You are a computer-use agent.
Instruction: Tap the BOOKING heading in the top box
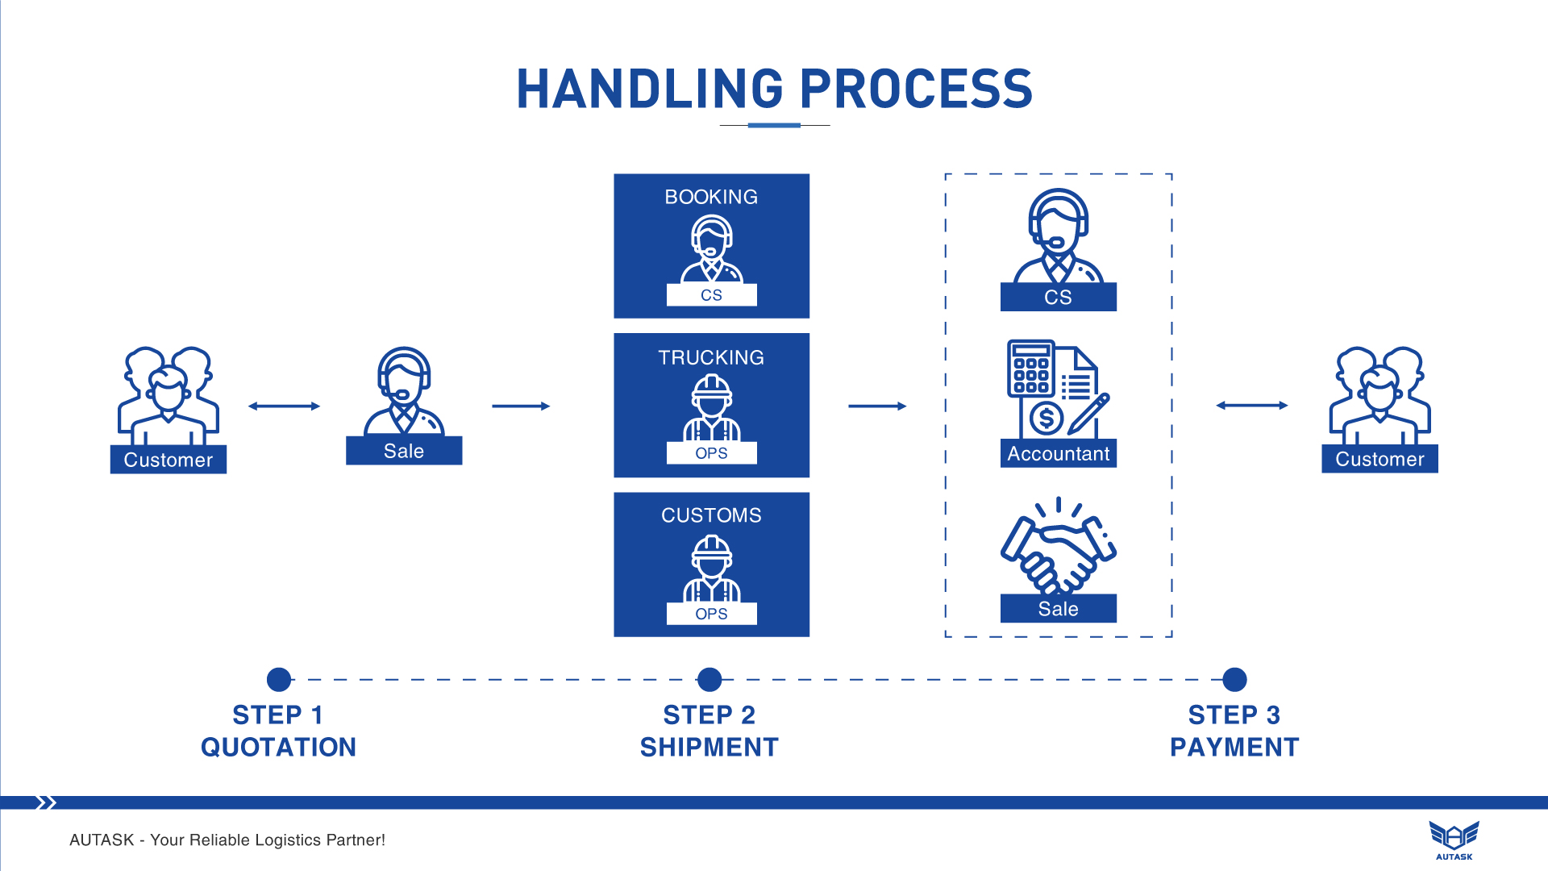[x=711, y=197]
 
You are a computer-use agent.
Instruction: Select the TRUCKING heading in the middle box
[x=711, y=357]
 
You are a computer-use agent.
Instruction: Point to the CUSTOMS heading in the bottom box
[x=711, y=515]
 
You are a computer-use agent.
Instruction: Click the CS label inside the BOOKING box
[x=711, y=295]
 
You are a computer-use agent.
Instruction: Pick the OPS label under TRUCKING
[x=711, y=453]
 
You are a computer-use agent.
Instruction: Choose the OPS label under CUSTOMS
[x=711, y=614]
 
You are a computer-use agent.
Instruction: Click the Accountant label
[x=1058, y=454]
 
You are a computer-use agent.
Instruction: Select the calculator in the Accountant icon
[x=1030, y=369]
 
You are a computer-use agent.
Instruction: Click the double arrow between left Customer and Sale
[x=284, y=406]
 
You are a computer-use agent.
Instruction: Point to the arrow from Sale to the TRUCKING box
[x=521, y=406]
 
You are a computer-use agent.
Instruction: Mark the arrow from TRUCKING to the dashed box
[x=877, y=406]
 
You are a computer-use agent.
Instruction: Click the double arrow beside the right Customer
[x=1251, y=406]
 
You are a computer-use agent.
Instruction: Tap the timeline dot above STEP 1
[x=279, y=680]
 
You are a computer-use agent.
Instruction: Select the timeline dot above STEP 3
[x=1234, y=680]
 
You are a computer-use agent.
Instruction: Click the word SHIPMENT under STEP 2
[x=709, y=748]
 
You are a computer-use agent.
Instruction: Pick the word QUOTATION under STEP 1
[x=278, y=748]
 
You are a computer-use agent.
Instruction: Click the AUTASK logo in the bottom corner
[x=1454, y=840]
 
